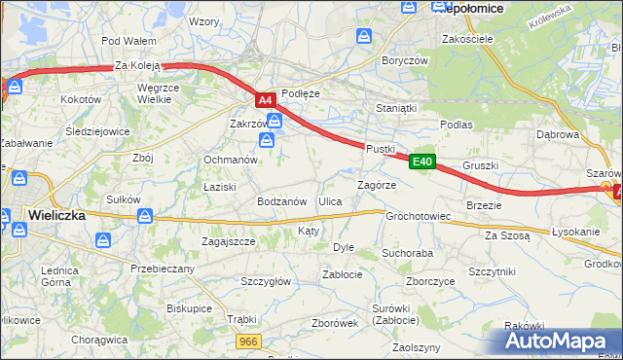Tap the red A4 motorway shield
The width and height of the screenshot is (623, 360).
[x=266, y=99]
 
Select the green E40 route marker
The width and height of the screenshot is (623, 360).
[x=421, y=162]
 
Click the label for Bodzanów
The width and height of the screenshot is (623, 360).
[x=282, y=201]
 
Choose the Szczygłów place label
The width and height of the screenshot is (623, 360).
[x=266, y=281]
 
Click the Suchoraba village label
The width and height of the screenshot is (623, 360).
[x=407, y=253]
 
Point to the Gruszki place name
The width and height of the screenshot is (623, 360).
[x=480, y=165]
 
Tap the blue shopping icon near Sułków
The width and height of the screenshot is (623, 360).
[x=147, y=216]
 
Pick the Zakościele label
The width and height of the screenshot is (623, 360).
[x=468, y=39]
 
